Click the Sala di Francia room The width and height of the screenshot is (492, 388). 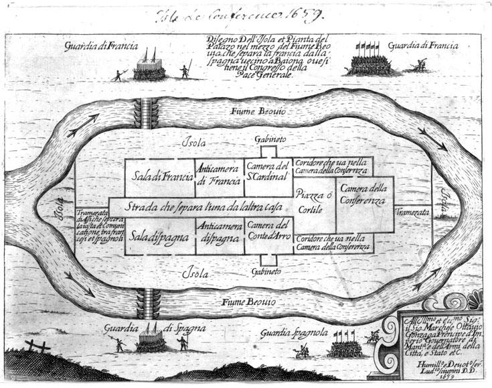click(159, 178)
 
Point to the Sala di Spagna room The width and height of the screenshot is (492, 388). click(159, 237)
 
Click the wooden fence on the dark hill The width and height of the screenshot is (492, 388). click(37, 346)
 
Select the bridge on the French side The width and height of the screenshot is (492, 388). click(147, 108)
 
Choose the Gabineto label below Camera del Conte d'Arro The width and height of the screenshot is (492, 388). click(268, 271)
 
